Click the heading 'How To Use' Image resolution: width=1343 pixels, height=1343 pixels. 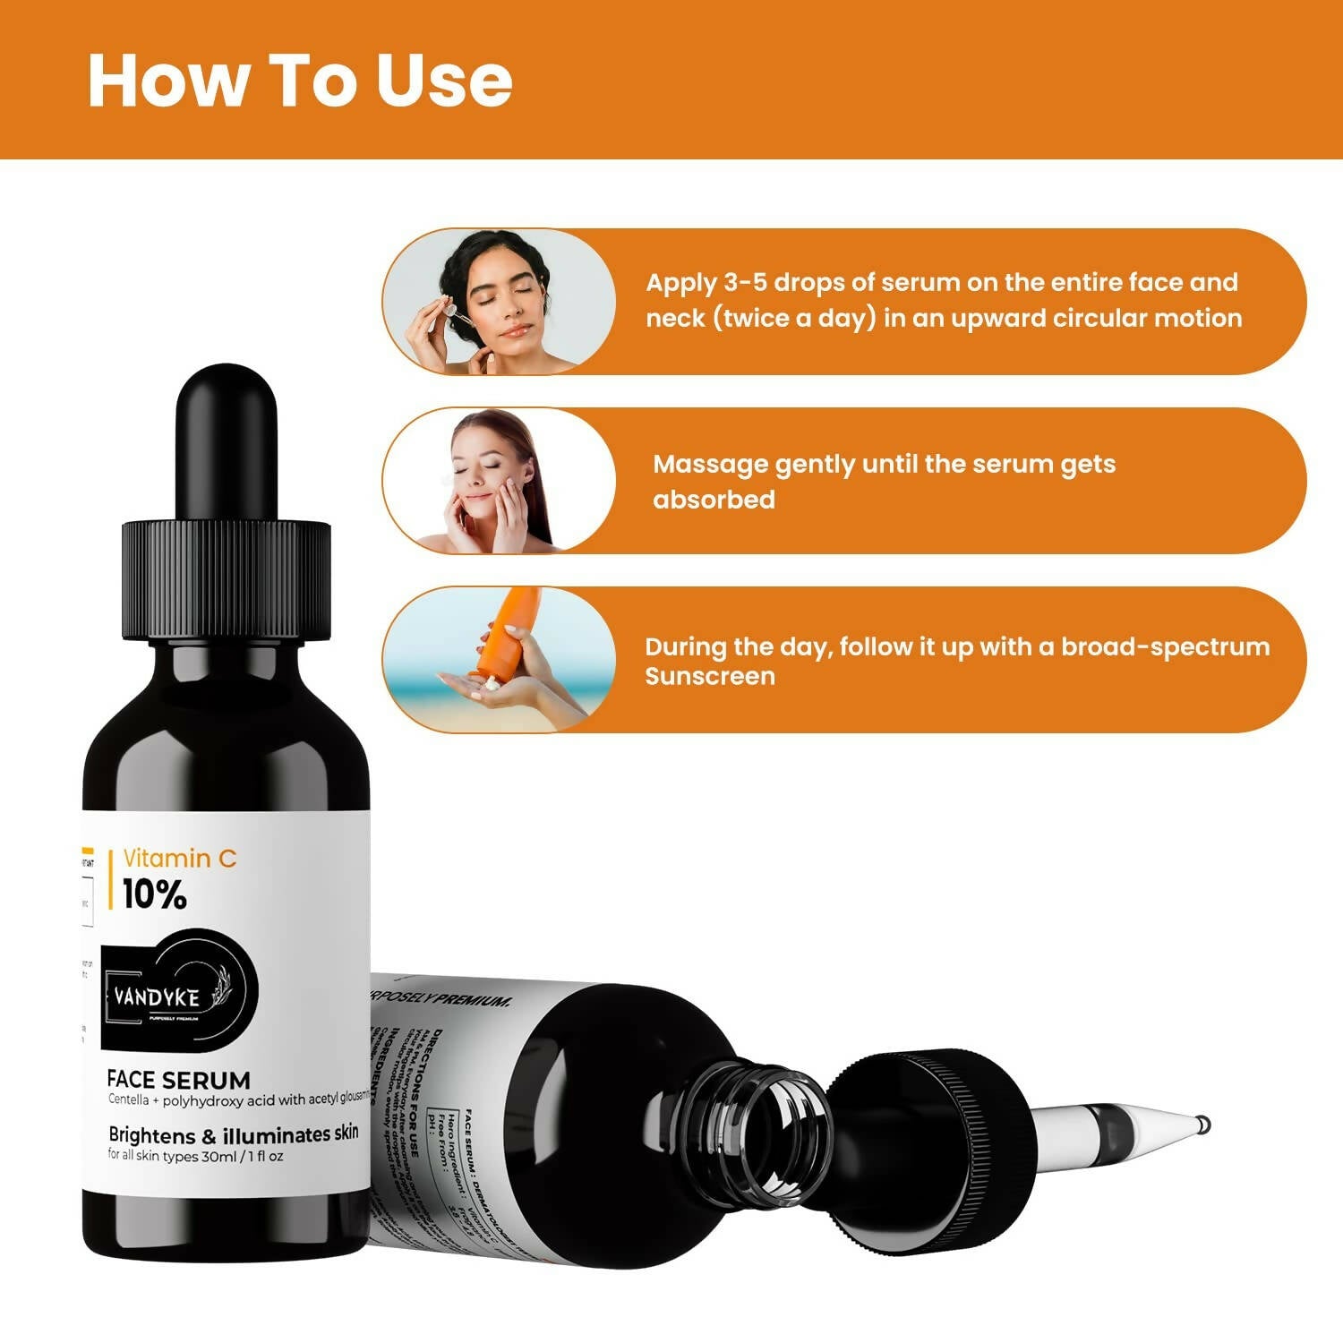(x=300, y=81)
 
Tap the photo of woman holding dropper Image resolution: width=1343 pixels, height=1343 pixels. (x=498, y=301)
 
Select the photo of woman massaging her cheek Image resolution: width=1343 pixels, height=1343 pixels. (x=498, y=482)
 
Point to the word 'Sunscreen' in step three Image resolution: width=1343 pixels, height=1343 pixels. (x=710, y=676)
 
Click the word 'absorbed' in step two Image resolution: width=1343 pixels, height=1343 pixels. (x=714, y=500)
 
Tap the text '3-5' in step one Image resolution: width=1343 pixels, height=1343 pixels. (x=745, y=283)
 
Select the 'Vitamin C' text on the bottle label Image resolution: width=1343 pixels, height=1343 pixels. (x=179, y=858)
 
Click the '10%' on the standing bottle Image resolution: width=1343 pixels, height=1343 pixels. (x=154, y=894)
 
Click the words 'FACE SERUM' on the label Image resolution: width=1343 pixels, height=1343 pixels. (x=178, y=1079)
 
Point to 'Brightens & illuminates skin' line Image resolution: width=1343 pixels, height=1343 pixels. (x=233, y=1134)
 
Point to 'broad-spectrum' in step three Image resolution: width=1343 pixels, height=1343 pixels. (x=1165, y=647)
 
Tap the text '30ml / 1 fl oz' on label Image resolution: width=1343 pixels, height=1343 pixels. (x=242, y=1157)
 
